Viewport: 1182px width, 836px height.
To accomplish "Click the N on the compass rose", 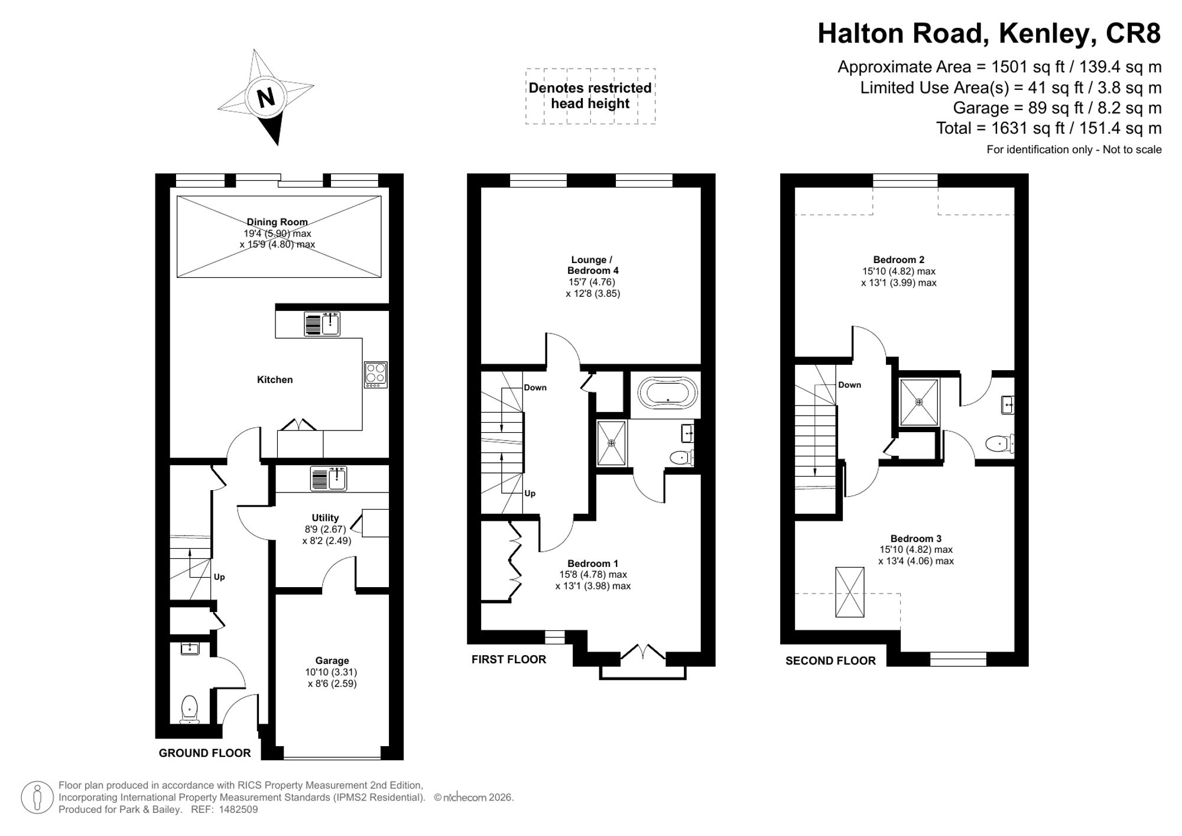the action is [266, 96].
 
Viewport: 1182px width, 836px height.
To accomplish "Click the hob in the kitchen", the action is [376, 375].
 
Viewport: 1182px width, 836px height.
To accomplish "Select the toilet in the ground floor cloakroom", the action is [189, 709].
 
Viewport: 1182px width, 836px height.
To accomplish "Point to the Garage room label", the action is [332, 661].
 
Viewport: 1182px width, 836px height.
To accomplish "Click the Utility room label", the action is [325, 518].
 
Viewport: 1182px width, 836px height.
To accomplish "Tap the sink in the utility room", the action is [329, 479].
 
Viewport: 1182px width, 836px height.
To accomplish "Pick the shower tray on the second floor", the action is [919, 402].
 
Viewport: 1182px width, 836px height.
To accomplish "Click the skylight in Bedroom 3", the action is [850, 592].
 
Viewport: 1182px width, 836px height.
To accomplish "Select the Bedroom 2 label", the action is [899, 260].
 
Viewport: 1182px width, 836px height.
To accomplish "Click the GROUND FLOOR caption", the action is [205, 753].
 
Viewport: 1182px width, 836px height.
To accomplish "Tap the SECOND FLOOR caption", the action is [830, 661].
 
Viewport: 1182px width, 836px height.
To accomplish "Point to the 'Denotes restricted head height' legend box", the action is [590, 96].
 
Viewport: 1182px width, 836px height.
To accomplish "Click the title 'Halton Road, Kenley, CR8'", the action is [989, 34].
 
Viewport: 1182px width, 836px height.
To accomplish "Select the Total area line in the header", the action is [1049, 128].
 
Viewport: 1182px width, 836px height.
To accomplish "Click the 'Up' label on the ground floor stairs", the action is [219, 577].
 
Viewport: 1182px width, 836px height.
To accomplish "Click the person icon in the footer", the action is [37, 798].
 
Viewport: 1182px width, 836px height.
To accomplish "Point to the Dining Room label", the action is [277, 222].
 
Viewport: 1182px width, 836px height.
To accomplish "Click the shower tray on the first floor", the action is [612, 442].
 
